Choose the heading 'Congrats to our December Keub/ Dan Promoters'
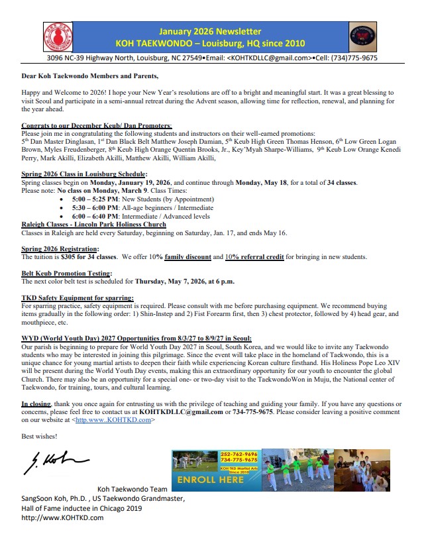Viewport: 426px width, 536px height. tap(96, 125)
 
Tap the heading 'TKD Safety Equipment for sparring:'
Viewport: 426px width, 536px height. tap(78, 298)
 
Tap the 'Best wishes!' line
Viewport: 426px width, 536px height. tap(38, 436)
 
